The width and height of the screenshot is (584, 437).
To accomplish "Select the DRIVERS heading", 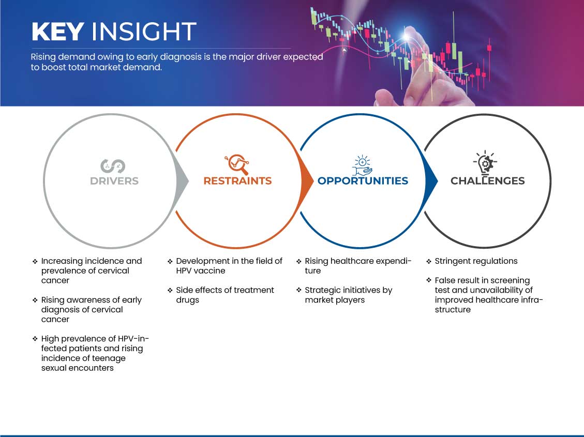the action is point(114,181).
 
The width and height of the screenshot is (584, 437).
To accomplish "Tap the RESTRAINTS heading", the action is point(237,181).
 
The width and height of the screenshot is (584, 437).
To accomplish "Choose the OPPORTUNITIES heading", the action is point(363,181).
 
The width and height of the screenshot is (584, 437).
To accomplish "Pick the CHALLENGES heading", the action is point(488,181).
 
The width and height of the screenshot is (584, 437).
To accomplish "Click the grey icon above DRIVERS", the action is point(112,166).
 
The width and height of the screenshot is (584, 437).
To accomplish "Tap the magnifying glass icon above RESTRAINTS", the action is point(237,164).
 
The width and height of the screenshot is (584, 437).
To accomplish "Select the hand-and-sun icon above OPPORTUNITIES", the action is point(363,165).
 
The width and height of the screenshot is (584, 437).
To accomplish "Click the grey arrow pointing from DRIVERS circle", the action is point(183,181).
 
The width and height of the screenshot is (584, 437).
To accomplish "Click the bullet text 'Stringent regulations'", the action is point(476,261).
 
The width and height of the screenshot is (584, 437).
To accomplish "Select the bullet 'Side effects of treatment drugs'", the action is point(225,295).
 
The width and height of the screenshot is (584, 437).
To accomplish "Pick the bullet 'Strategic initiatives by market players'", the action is point(349,295).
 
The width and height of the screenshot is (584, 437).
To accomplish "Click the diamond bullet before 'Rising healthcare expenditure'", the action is point(298,261).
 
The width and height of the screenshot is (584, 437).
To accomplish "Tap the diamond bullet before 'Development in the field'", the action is point(170,261).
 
